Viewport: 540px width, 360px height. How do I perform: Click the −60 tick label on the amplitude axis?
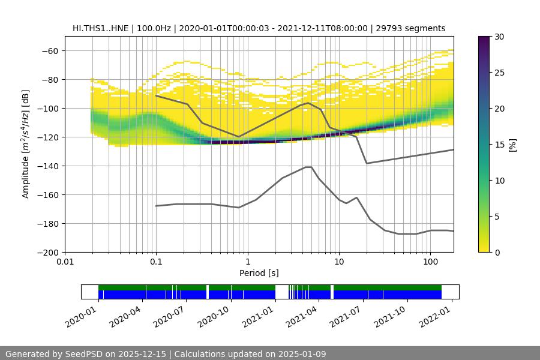click(49, 51)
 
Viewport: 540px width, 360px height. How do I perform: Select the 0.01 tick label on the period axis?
click(65, 262)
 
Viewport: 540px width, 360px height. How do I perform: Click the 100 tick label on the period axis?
click(430, 262)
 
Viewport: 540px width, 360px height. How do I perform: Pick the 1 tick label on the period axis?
click(248, 262)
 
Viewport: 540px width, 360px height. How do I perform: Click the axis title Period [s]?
click(259, 273)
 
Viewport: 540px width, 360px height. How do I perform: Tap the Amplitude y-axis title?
click(26, 144)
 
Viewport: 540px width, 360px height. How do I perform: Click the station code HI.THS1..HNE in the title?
click(103, 28)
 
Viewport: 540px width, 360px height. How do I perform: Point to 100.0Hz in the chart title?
click(157, 28)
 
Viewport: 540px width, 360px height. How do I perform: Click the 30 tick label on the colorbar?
click(498, 37)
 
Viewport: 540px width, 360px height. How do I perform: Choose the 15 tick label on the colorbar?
click(498, 145)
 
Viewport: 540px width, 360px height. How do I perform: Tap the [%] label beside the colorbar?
click(512, 144)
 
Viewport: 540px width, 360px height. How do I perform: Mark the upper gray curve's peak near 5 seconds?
click(308, 103)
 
